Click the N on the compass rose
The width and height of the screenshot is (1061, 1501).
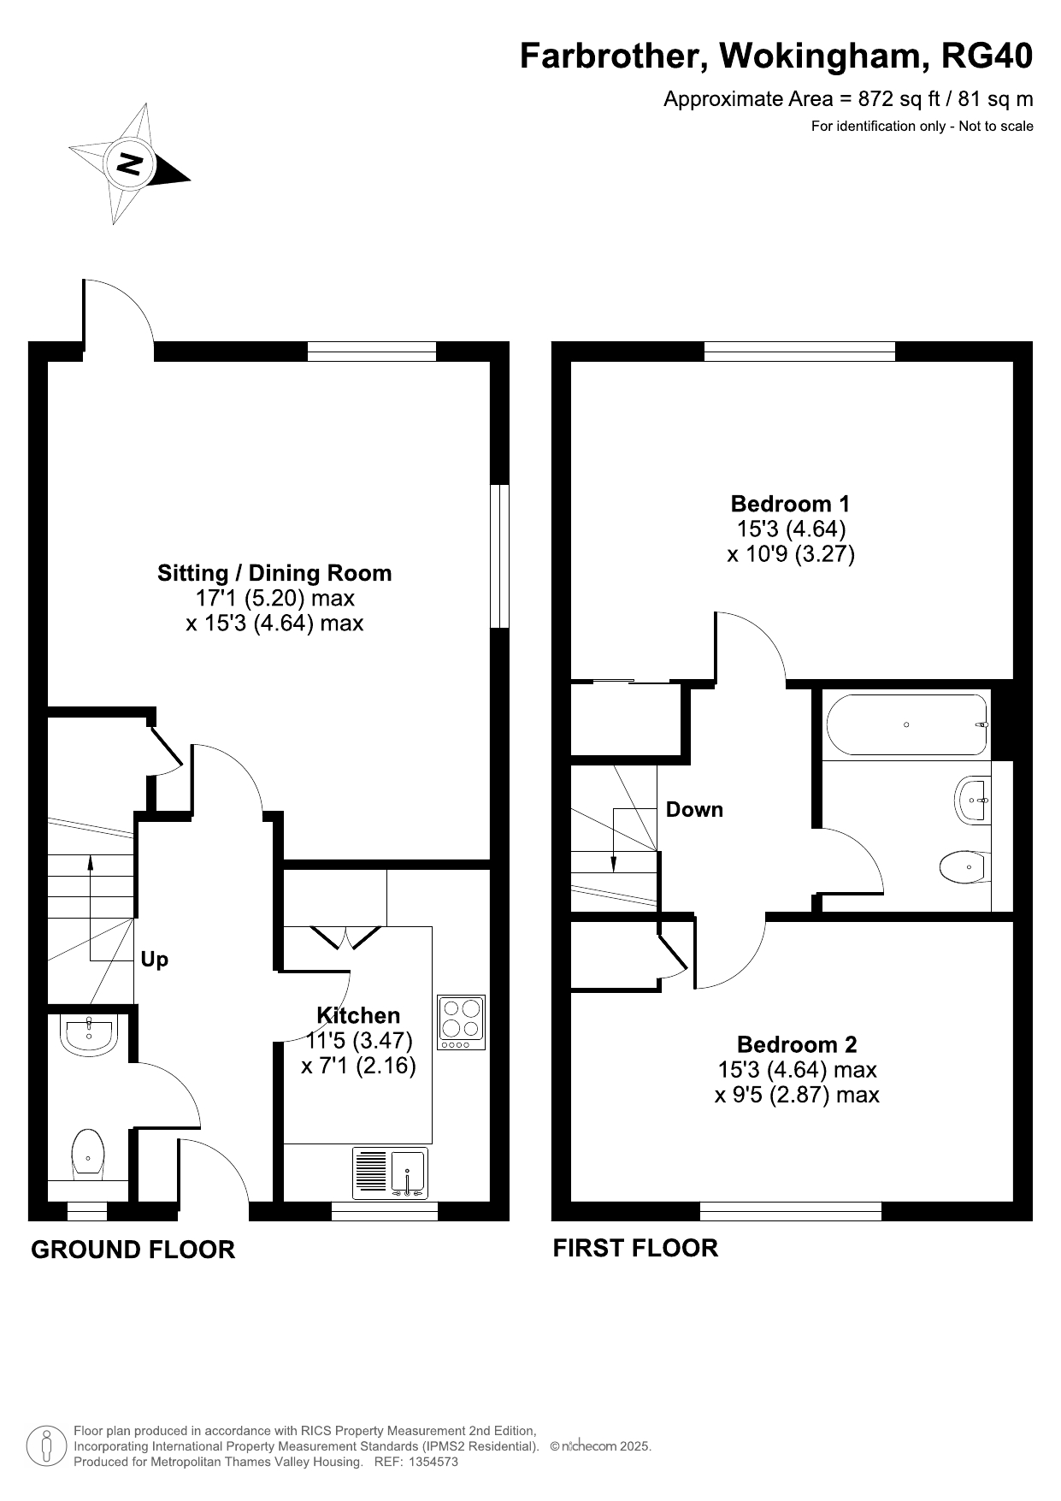(130, 163)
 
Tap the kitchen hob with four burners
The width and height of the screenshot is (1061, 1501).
(461, 1022)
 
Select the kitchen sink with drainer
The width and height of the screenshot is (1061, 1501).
(390, 1173)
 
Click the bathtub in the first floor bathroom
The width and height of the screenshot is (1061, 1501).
(907, 724)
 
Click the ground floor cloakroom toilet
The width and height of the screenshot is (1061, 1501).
(88, 1155)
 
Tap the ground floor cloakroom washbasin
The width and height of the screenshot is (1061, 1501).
(88, 1034)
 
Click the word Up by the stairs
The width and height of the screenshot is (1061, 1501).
(154, 960)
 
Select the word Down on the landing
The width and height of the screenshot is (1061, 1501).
(694, 809)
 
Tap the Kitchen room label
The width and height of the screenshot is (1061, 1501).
(358, 1015)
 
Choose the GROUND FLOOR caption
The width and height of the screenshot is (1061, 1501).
(133, 1250)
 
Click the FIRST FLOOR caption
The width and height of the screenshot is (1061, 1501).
(635, 1248)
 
